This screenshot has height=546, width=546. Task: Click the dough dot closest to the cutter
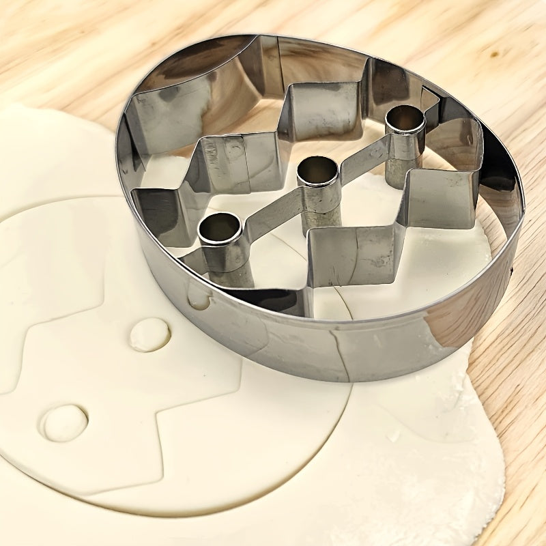149,334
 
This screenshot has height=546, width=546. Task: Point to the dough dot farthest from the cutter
64,422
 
